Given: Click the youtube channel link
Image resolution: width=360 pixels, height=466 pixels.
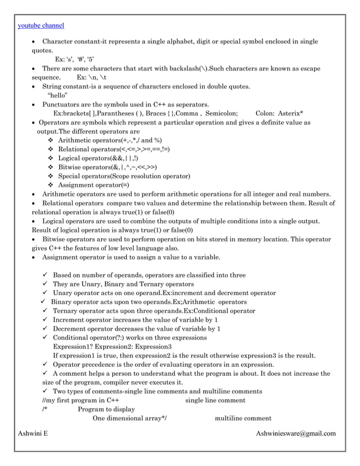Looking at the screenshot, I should [41, 25].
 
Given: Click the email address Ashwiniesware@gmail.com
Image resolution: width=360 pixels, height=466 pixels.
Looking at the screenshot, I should [296, 433].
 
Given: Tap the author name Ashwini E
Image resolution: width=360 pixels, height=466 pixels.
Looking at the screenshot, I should [33, 433].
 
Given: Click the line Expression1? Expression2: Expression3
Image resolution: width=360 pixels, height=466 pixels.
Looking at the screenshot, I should [112, 346].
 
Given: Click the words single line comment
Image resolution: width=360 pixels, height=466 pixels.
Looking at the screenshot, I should [215, 401].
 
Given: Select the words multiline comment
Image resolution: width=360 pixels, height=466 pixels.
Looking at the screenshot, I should [243, 419].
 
